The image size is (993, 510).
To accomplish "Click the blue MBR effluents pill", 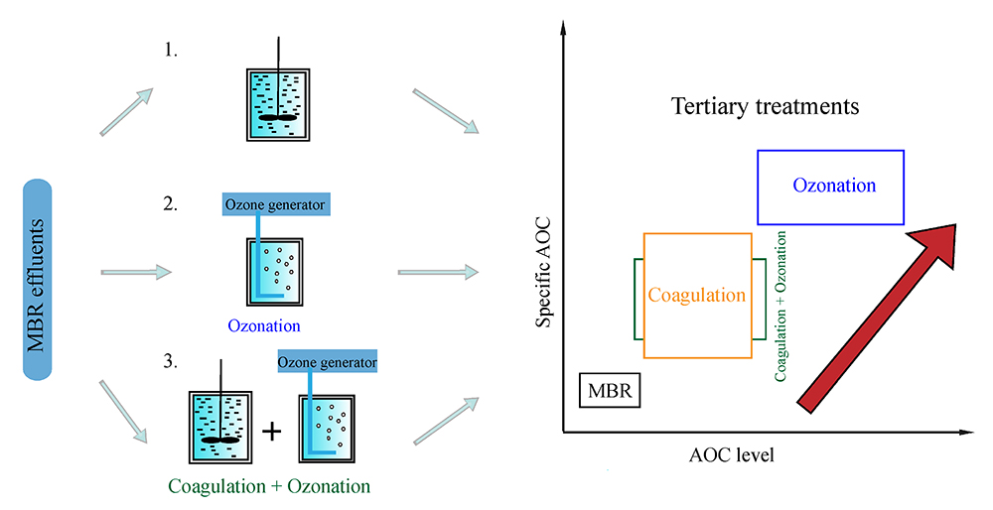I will pyautogui.click(x=60, y=279).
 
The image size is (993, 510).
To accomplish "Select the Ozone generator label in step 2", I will pyautogui.click(x=273, y=204).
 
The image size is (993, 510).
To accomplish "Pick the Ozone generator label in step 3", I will pyautogui.click(x=327, y=363).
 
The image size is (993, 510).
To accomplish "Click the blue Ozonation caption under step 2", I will pyautogui.click(x=263, y=324).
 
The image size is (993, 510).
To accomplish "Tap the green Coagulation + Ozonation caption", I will pyautogui.click(x=269, y=486).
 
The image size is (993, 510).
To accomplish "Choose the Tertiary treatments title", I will pyautogui.click(x=765, y=105).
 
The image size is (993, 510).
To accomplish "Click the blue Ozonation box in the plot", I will pyautogui.click(x=830, y=186).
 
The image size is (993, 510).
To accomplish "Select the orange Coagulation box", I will pyautogui.click(x=697, y=295).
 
